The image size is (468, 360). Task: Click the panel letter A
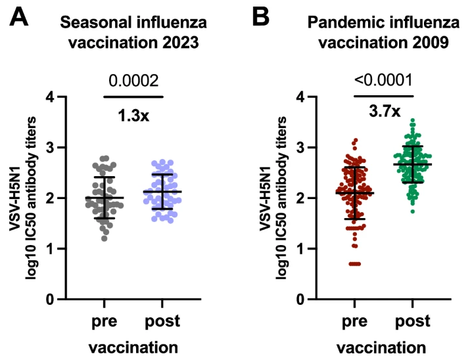click(19, 17)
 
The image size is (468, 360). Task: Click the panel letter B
click(260, 17)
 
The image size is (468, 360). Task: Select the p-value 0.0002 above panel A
click(133, 81)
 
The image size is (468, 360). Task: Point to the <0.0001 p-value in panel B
click(383, 80)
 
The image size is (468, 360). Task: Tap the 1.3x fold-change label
click(133, 116)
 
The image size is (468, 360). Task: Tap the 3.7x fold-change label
click(385, 112)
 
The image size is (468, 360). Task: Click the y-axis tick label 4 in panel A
click(51, 97)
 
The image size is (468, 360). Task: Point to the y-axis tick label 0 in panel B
click(301, 299)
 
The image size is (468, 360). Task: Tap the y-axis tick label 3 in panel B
click(301, 147)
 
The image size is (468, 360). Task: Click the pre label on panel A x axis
click(104, 322)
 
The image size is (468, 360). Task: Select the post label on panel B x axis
click(413, 322)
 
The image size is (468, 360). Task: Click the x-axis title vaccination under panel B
click(381, 348)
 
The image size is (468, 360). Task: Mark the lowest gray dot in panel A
click(105, 238)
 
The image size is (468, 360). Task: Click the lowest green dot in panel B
click(413, 212)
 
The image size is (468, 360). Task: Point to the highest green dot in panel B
click(413, 121)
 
